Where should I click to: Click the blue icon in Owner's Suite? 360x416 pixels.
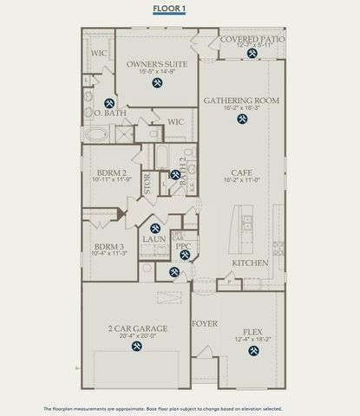pos(157,84)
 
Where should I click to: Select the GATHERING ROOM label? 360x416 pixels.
pos(241,101)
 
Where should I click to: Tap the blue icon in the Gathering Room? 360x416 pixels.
pos(242,120)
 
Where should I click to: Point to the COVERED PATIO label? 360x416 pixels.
pos(252,40)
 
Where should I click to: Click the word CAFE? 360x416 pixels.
pos(242,172)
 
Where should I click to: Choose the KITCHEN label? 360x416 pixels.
pos(250,263)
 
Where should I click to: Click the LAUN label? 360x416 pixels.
pos(155,239)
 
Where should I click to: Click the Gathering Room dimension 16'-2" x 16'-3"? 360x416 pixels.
pos(241,109)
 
